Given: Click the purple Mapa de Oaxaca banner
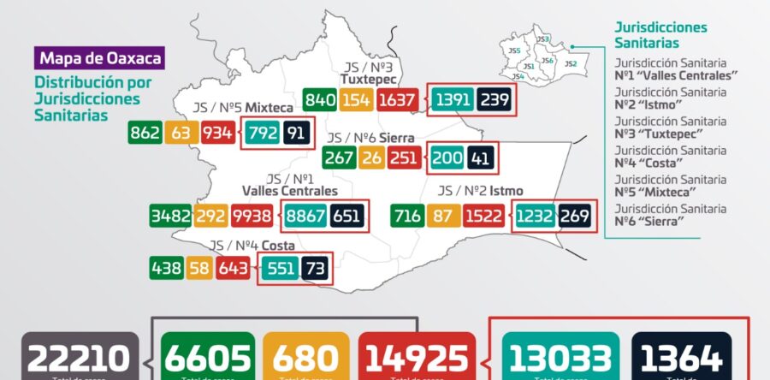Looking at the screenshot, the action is (x=98, y=60).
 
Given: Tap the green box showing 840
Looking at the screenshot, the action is (x=320, y=100).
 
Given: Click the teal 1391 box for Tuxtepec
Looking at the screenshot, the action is (x=453, y=100).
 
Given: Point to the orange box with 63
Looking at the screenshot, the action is (x=181, y=133).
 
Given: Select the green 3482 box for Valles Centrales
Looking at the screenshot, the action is (x=169, y=215).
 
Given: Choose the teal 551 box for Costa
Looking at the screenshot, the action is (x=280, y=269).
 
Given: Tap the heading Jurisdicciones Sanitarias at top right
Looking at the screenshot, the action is (x=660, y=34).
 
